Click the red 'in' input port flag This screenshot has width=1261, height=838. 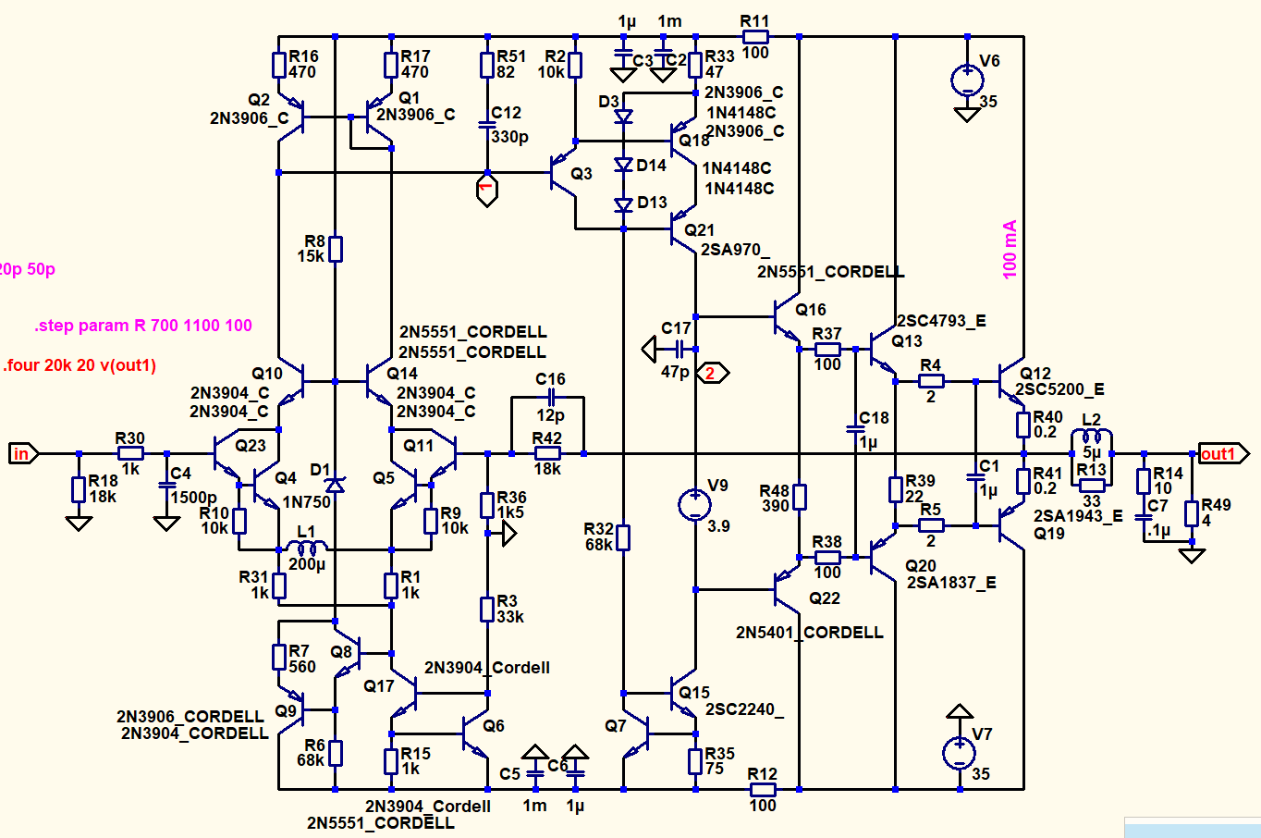22,453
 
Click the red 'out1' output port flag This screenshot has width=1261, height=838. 1221,453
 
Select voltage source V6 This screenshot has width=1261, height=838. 967,80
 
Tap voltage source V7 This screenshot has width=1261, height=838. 960,753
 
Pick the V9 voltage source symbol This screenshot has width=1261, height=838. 694,505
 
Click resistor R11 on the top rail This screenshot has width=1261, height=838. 755,37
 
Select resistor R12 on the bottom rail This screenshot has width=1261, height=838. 763,789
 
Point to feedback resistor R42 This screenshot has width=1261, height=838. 547,453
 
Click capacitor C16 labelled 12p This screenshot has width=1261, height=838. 550,397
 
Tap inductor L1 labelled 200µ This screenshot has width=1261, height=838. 307,548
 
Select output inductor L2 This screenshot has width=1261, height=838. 1092,437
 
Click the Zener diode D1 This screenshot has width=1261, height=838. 335,484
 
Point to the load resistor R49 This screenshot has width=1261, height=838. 1193,512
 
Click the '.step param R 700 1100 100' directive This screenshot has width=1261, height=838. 143,326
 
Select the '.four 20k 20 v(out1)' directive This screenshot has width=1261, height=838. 80,365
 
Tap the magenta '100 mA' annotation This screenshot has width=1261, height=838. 1010,249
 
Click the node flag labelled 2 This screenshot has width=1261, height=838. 713,373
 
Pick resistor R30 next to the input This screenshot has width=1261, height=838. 130,453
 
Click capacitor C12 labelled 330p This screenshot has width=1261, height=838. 487,124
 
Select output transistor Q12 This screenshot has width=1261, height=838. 1013,379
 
